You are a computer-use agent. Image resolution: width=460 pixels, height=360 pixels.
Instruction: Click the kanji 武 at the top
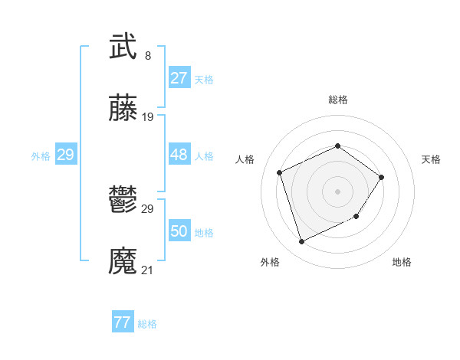pos(123,46)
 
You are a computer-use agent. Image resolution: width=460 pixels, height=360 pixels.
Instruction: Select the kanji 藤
pos(123,108)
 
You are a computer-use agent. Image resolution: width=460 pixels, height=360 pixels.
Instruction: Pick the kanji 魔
pos(123,261)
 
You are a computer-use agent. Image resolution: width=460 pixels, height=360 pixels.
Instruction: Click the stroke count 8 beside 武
pos(147,56)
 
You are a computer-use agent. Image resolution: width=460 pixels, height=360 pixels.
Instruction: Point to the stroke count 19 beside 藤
pos(148,117)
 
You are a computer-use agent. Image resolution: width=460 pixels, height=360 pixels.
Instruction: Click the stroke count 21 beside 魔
pos(148,270)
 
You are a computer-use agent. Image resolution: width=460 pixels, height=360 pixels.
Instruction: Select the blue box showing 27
pos(179,78)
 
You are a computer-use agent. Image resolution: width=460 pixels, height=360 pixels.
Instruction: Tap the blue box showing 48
pos(179,155)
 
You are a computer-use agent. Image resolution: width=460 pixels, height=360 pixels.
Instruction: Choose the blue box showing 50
pos(179,231)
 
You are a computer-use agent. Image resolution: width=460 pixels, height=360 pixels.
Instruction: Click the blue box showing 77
pos(122,322)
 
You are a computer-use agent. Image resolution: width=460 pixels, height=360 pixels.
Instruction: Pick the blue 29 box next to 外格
pos(65,155)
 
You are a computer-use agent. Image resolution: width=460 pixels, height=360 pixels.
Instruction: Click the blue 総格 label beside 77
pos(147,324)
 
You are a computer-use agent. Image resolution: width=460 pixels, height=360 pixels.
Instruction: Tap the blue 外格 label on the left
pos(41,156)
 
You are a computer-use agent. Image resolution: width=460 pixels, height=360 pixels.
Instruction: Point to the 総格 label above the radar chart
pos(337,100)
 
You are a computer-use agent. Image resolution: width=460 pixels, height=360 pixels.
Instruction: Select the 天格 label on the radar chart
pos(431,159)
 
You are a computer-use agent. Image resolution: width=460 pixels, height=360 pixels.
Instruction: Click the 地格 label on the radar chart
pos(402,262)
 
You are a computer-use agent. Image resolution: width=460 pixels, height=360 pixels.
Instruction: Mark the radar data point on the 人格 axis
pos(280,172)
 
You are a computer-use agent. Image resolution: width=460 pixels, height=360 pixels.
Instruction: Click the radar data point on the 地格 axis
pos(357,218)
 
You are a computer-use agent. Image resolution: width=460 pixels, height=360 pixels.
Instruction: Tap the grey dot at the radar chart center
pos(337,191)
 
